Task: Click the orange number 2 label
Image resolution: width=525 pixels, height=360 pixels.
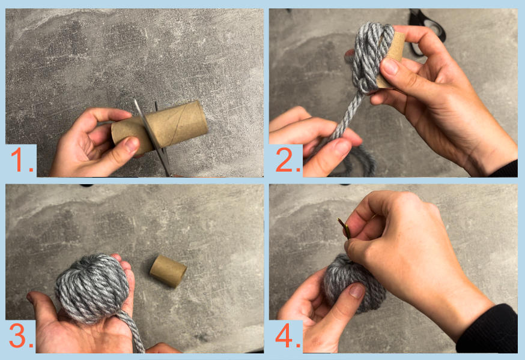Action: (x=288, y=160)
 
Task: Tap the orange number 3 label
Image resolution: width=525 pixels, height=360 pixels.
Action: (x=21, y=335)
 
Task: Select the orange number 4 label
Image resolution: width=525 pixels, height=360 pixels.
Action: (x=288, y=335)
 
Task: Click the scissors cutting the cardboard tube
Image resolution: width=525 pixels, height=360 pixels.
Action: (x=154, y=137)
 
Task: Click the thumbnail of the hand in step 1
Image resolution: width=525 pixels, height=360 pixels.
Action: (x=132, y=145)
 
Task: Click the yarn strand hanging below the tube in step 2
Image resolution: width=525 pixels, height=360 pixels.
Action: (x=345, y=124)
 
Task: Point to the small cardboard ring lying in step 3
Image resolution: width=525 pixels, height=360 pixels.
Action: (x=168, y=271)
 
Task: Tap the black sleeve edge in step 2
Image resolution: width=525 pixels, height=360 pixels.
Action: (x=505, y=170)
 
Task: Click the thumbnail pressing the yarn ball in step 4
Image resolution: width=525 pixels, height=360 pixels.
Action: (x=357, y=290)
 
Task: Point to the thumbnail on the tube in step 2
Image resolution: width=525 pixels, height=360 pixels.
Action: (x=390, y=66)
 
